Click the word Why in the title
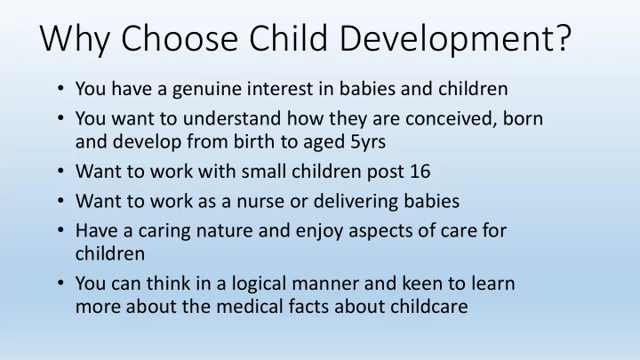point(75,38)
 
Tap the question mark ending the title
point(564,37)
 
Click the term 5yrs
point(368,142)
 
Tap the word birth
point(253,141)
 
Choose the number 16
point(420,172)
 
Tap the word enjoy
point(319,231)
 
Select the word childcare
point(428,307)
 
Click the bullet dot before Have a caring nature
point(60,230)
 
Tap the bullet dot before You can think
point(60,283)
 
